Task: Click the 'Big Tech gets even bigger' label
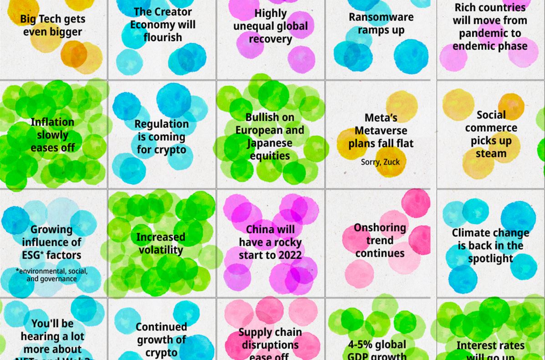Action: pyautogui.click(x=52, y=26)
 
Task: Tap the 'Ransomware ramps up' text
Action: pyautogui.click(x=381, y=24)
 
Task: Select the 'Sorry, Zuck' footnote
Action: pyautogui.click(x=380, y=162)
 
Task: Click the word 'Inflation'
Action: pyautogui.click(x=52, y=122)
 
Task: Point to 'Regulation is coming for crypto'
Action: pyautogui.click(x=161, y=137)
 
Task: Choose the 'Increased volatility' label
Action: pyautogui.click(x=161, y=243)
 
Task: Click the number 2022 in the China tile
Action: pyautogui.click(x=288, y=255)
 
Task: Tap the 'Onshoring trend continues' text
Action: pyautogui.click(x=380, y=240)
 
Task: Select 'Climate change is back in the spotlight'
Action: pyautogui.click(x=490, y=246)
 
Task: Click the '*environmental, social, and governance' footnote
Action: pyautogui.click(x=51, y=275)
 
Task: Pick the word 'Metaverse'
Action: pyautogui.click(x=381, y=131)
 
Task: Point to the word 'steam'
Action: pyautogui.click(x=491, y=154)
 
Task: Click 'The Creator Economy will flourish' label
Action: pyautogui.click(x=163, y=25)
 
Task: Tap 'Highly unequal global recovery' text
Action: pyautogui.click(x=270, y=26)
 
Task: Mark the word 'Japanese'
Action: pyautogui.click(x=270, y=143)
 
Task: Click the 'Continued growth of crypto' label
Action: pyautogui.click(x=161, y=339)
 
